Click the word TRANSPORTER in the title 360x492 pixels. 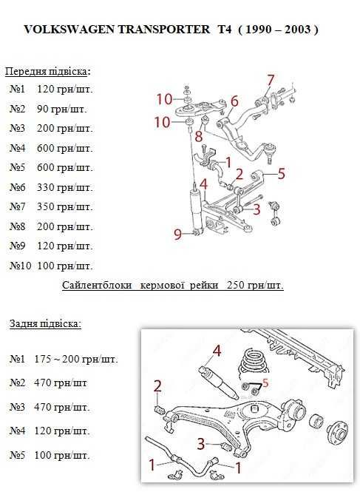pyautogui.click(x=163, y=29)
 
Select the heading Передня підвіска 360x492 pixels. pyautogui.click(x=46, y=72)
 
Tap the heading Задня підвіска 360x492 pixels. pyautogui.click(x=45, y=323)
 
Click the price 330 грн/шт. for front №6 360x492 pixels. pyautogui.click(x=65, y=187)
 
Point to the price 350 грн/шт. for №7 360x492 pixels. pyautogui.click(x=65, y=206)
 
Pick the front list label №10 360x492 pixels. pyautogui.click(x=21, y=266)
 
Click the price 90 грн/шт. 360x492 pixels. pyautogui.click(x=62, y=109)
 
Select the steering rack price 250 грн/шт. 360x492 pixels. pyautogui.click(x=255, y=286)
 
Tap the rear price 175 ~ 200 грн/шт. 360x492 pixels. pyautogui.click(x=76, y=359)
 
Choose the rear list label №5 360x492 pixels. pyautogui.click(x=17, y=455)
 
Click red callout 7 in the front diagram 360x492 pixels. pyautogui.click(x=271, y=81)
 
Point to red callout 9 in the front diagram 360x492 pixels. pyautogui.click(x=178, y=234)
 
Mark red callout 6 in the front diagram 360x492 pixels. pyautogui.click(x=234, y=101)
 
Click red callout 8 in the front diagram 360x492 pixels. pyautogui.click(x=199, y=136)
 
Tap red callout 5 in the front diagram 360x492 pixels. pyautogui.click(x=282, y=174)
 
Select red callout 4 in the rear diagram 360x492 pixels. pyautogui.click(x=217, y=351)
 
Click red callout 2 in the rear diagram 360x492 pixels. pyautogui.click(x=157, y=386)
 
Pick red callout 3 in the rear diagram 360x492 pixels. pyautogui.click(x=200, y=444)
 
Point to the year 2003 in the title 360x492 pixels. pyautogui.click(x=297, y=29)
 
